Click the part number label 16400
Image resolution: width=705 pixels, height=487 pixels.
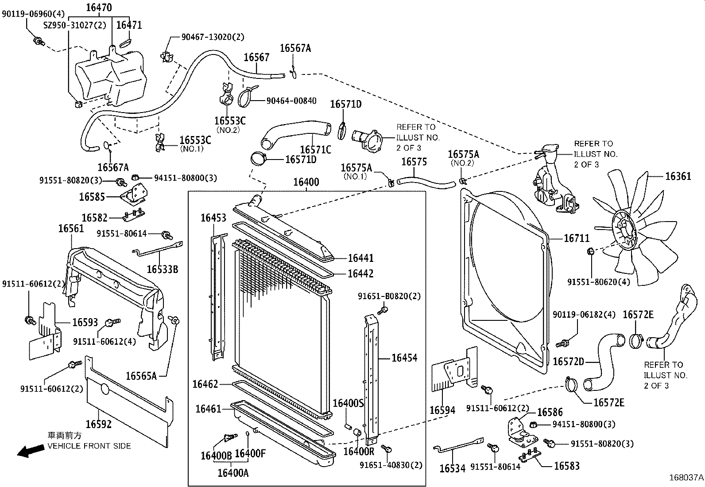click(x=306, y=182)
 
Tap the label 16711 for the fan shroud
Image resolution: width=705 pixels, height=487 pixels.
click(x=577, y=238)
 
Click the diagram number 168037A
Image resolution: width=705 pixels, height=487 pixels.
click(x=686, y=478)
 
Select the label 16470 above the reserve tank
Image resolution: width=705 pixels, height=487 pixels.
click(x=99, y=7)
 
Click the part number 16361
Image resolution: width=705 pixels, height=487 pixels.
click(x=678, y=176)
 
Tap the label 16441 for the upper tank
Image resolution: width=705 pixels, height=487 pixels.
click(x=360, y=258)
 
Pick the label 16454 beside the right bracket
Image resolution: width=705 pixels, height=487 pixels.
click(x=404, y=358)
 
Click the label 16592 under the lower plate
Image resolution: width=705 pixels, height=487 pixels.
click(x=98, y=424)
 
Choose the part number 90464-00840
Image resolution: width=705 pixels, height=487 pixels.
click(x=291, y=101)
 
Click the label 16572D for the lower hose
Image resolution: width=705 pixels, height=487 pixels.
click(x=569, y=362)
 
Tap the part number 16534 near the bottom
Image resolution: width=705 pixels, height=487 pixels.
click(x=452, y=468)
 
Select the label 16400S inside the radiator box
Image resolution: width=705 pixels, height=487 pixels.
click(x=348, y=403)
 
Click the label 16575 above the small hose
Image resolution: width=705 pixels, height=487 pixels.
click(x=414, y=162)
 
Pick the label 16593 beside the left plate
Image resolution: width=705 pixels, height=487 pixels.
click(x=85, y=323)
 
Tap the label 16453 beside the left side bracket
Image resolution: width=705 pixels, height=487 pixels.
click(x=213, y=218)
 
